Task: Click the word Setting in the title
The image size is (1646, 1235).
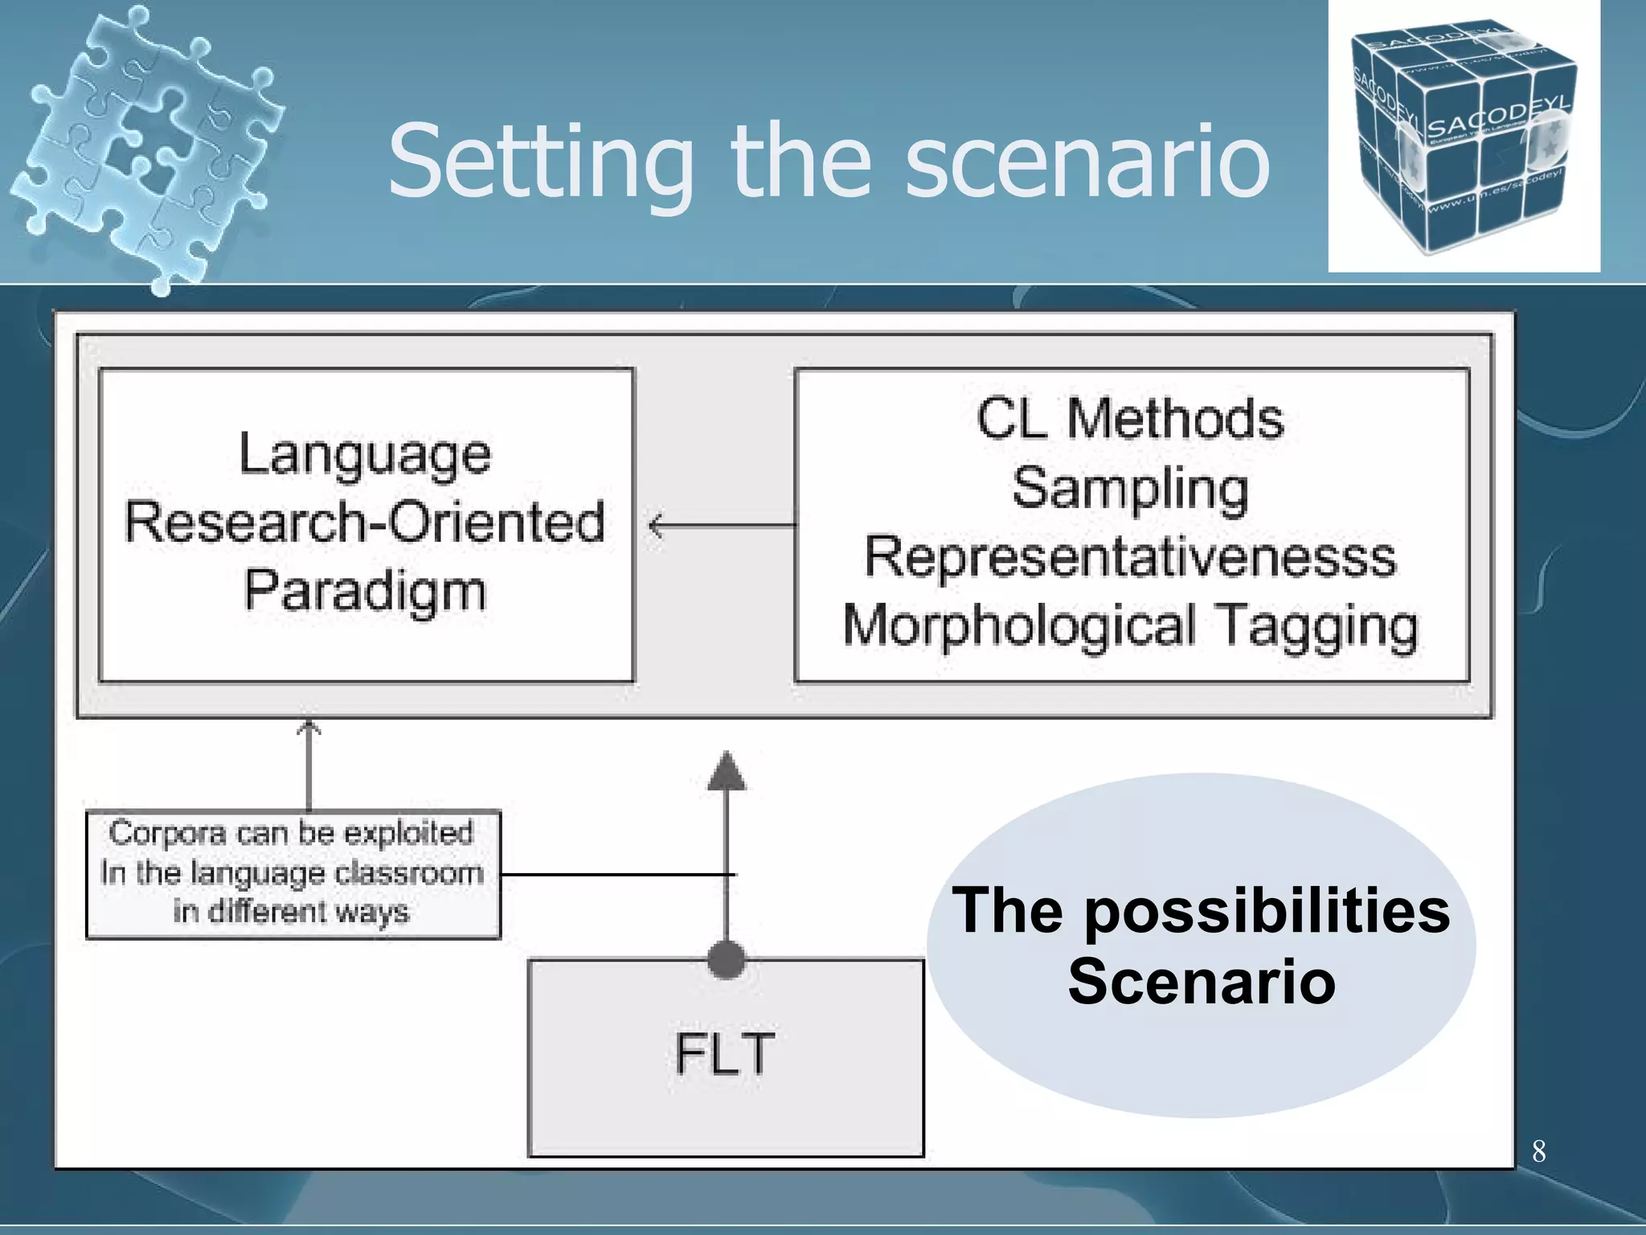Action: (x=540, y=163)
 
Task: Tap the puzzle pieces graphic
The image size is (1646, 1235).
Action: (x=149, y=145)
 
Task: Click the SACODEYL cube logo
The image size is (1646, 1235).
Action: (x=1464, y=137)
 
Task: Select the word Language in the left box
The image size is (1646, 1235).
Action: (x=365, y=455)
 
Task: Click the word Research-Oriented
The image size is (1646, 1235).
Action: (x=365, y=523)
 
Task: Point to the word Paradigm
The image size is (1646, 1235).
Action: (x=365, y=591)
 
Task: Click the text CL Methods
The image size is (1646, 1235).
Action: (x=1130, y=420)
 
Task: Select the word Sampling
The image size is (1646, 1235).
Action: (x=1130, y=489)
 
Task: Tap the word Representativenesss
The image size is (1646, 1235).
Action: (x=1130, y=557)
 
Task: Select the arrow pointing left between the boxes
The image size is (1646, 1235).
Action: (x=657, y=526)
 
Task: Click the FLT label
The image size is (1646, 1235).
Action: (x=725, y=1054)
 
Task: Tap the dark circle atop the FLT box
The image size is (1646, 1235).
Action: (x=727, y=959)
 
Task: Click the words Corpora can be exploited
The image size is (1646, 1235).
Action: (x=292, y=834)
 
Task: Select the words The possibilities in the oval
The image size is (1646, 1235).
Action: (x=1201, y=911)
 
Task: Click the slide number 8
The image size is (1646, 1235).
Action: (x=1538, y=1151)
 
